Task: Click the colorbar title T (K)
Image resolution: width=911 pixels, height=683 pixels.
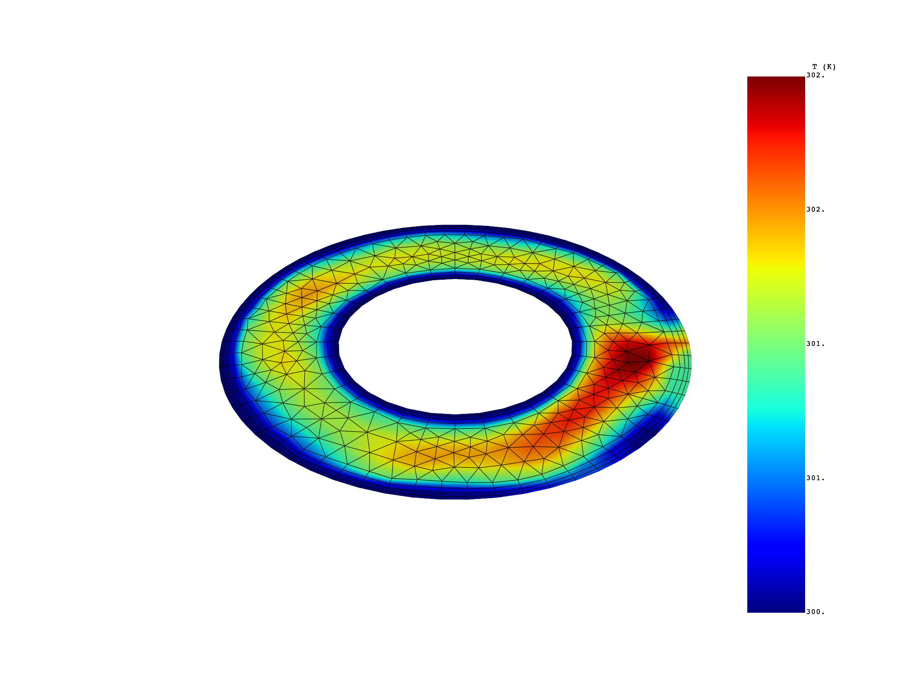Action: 824,67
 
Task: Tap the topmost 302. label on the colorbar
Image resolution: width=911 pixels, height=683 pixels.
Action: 815,76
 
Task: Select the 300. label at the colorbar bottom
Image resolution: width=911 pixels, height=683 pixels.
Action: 815,612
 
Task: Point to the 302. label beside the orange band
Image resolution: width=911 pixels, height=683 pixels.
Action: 815,209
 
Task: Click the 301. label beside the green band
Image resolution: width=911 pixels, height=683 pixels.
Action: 815,344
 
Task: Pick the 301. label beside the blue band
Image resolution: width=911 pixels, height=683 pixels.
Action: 815,478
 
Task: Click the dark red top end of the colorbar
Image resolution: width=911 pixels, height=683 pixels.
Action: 776,82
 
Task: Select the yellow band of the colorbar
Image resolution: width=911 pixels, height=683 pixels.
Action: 776,267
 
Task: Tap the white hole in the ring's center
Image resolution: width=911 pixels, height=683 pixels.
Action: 455,347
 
